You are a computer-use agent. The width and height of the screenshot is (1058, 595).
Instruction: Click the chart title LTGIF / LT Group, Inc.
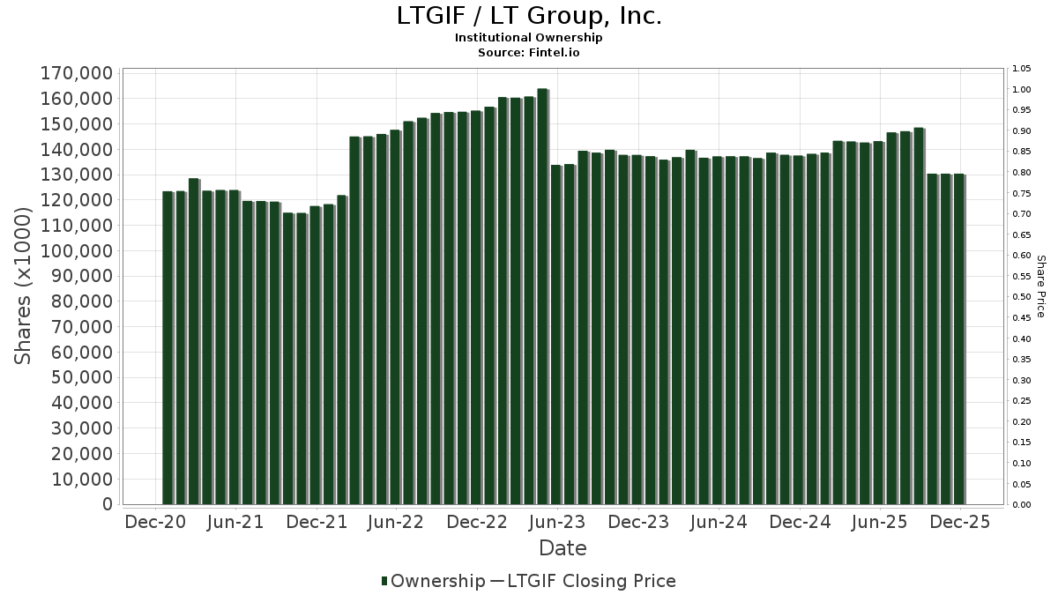point(528,16)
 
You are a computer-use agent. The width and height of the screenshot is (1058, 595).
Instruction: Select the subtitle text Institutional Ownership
point(528,38)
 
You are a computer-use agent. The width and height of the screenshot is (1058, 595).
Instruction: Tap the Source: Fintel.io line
point(528,52)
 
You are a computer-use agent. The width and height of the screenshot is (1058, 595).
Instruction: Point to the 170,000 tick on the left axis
point(78,73)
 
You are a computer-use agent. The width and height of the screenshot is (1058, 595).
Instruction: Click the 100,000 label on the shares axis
point(78,251)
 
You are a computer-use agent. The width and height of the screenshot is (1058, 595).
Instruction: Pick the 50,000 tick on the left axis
point(83,378)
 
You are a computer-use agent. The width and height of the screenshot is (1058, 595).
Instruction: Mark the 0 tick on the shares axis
point(108,505)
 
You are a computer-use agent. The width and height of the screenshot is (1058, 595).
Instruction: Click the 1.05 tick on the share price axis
point(1022,69)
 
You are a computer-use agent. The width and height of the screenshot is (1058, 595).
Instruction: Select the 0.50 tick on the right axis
point(1022,297)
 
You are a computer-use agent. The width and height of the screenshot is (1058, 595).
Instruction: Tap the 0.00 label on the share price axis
point(1022,505)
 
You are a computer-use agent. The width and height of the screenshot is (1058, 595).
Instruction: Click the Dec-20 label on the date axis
point(155,522)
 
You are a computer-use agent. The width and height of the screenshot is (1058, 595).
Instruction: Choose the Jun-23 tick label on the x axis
point(557,522)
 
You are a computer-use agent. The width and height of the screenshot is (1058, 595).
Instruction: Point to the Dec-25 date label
point(960,522)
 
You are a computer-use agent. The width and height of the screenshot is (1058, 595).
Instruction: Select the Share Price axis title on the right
point(1040,286)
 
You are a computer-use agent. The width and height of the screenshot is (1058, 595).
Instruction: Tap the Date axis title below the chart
point(563,548)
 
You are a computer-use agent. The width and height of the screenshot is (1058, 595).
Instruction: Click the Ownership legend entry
point(433,581)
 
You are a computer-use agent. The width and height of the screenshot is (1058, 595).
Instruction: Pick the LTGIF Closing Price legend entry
point(583,581)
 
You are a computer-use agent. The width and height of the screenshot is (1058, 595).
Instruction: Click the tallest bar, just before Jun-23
point(542,296)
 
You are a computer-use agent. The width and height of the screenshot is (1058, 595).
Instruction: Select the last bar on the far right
point(958,339)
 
